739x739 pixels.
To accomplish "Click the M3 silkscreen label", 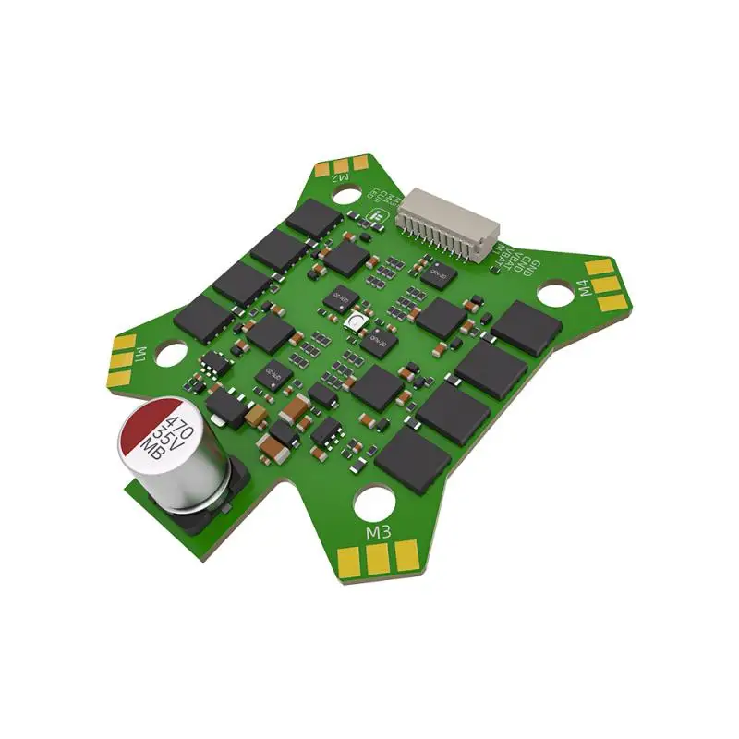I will (378, 534).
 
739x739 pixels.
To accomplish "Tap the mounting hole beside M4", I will (555, 294).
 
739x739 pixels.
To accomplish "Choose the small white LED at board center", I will (356, 321).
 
